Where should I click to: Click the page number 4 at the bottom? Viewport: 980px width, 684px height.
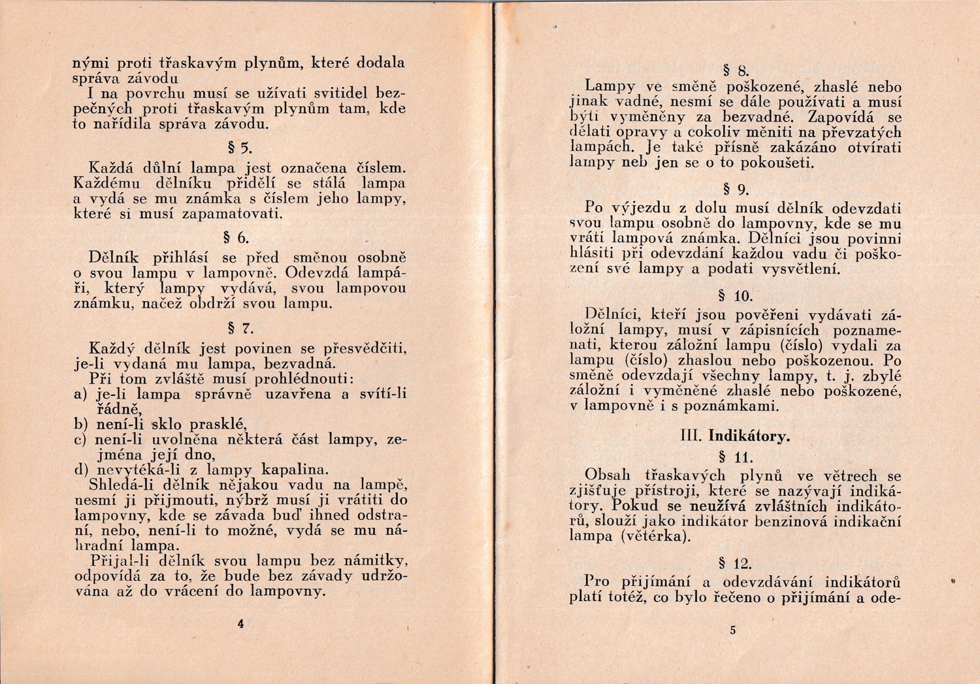pyautogui.click(x=240, y=624)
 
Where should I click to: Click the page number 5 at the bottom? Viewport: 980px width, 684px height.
pyautogui.click(x=733, y=630)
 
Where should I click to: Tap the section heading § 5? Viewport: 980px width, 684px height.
pyautogui.click(x=240, y=146)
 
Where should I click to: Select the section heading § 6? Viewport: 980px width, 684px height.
pyautogui.click(x=240, y=237)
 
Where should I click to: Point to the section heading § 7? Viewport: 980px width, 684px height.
pyautogui.click(x=240, y=328)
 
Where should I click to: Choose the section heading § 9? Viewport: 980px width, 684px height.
pyautogui.click(x=738, y=190)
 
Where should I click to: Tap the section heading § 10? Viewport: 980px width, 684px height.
pyautogui.click(x=735, y=296)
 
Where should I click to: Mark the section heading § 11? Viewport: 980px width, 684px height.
pyautogui.click(x=735, y=457)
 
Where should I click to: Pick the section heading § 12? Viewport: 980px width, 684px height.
pyautogui.click(x=735, y=563)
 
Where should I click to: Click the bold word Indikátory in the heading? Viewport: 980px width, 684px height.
pyautogui.click(x=749, y=436)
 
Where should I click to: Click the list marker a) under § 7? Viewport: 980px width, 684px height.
pyautogui.click(x=80, y=395)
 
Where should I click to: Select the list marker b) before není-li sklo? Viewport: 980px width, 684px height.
pyautogui.click(x=80, y=423)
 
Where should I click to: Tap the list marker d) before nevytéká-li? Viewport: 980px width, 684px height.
pyautogui.click(x=80, y=470)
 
